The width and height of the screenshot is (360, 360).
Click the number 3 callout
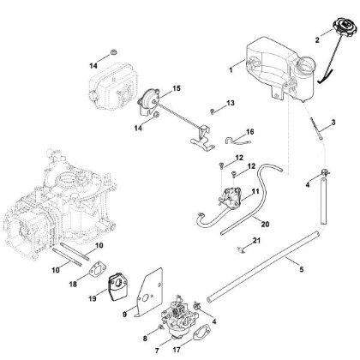point(333,123)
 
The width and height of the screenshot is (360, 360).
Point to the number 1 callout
point(230,63)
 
